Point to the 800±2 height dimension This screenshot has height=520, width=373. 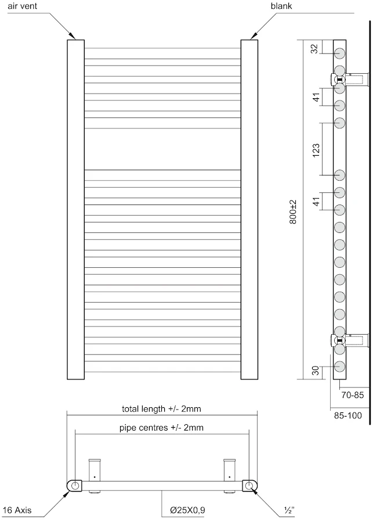pos(293,212)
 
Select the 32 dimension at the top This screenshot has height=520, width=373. pos(314,49)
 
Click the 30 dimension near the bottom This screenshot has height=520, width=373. pos(314,370)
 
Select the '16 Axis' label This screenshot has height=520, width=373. pos(17,511)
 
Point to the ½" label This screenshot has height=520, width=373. pos(288,511)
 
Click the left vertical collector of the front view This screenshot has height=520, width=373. pos(75,209)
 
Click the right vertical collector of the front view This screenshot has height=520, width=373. pos(249,209)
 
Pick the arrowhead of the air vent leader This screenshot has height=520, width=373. pos(73,37)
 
